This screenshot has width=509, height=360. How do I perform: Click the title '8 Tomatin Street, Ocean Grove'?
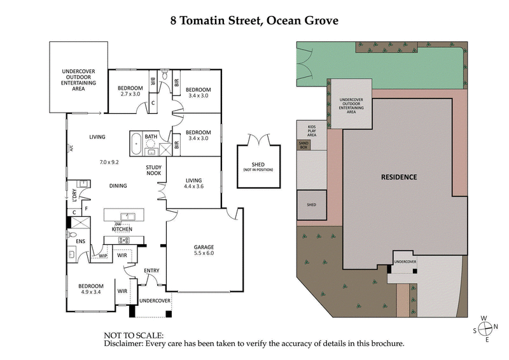[x=254, y=20]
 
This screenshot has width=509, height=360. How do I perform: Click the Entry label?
[x=151, y=271]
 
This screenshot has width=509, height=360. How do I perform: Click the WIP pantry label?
[x=102, y=256]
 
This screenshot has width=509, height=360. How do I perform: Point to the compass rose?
[x=487, y=328]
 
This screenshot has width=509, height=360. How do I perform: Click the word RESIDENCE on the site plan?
[x=399, y=177]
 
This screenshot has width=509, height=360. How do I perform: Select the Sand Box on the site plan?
[x=303, y=145]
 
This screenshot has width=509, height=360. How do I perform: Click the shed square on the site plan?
[x=311, y=205]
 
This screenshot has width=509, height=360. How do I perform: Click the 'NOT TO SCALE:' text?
[x=134, y=335]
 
